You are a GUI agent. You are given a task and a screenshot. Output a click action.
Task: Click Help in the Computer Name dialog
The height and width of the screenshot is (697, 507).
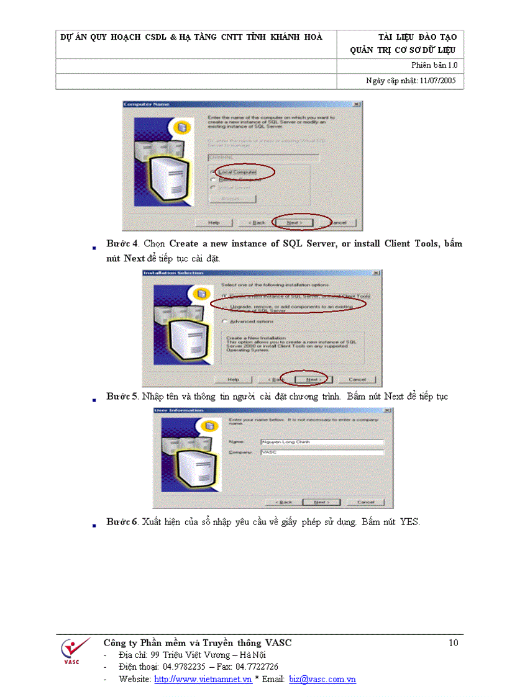pos(214,222)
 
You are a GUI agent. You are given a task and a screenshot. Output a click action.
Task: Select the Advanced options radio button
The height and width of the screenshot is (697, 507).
pos(224,321)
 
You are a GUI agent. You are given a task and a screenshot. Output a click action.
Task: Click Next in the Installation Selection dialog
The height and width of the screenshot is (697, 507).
pos(313,379)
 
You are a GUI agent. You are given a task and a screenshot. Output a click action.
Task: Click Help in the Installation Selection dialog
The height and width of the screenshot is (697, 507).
pos(233,379)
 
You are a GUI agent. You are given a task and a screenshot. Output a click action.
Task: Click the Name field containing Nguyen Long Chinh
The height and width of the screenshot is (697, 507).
pos(322,442)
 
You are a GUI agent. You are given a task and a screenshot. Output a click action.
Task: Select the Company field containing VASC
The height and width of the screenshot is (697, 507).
pos(322,452)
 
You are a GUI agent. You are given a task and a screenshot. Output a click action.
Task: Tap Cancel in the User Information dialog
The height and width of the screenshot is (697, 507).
pos(366,501)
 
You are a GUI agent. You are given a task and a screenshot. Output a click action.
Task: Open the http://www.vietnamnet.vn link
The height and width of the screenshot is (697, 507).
pos(203,680)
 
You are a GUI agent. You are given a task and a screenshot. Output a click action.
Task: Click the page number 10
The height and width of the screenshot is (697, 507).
pos(453,643)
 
